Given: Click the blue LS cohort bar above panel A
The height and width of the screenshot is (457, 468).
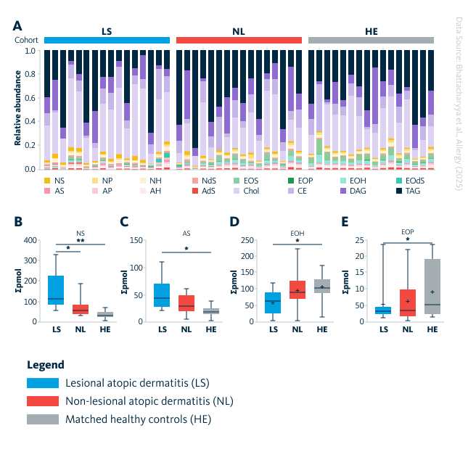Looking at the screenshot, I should click(107, 41).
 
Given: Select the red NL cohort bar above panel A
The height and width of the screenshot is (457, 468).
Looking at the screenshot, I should click(239, 41).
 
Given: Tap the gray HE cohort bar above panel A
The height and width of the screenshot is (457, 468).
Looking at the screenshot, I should click(371, 41).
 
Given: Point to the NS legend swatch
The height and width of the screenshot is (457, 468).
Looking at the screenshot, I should click(48, 180).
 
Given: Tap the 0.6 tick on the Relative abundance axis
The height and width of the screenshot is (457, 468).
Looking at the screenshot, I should click(30, 98).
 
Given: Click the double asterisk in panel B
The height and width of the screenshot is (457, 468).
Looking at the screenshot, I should click(82, 239).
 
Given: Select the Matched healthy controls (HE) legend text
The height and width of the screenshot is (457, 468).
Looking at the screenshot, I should click(138, 419).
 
